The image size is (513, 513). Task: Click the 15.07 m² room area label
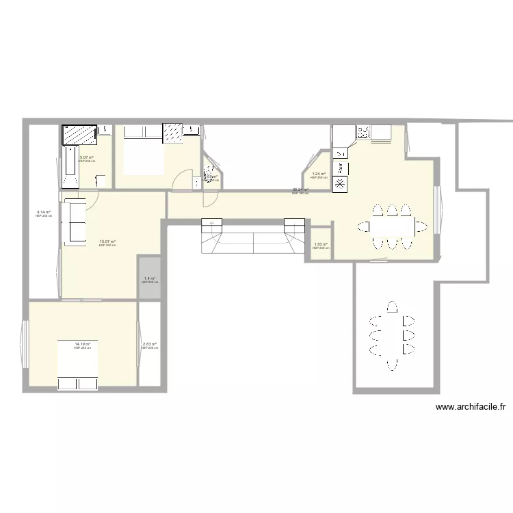pyautogui.click(x=107, y=241)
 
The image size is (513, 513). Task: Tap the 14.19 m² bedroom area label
pyautogui.click(x=82, y=345)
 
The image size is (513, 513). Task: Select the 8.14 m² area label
pyautogui.click(x=44, y=212)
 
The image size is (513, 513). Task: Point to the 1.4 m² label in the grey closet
pyautogui.click(x=149, y=279)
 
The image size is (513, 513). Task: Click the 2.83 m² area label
pyautogui.click(x=149, y=345)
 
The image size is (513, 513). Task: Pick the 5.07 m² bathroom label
pyautogui.click(x=86, y=158)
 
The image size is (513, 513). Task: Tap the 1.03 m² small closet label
pyautogui.click(x=320, y=245)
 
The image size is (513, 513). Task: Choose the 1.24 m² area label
pyautogui.click(x=319, y=174)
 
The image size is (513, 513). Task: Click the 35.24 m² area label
pyautogui.click(x=300, y=190)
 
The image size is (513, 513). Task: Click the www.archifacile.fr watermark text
pyautogui.click(x=471, y=407)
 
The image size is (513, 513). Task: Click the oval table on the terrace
pyautogui.click(x=391, y=335)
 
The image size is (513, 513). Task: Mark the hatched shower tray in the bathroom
pyautogui.click(x=79, y=135)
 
